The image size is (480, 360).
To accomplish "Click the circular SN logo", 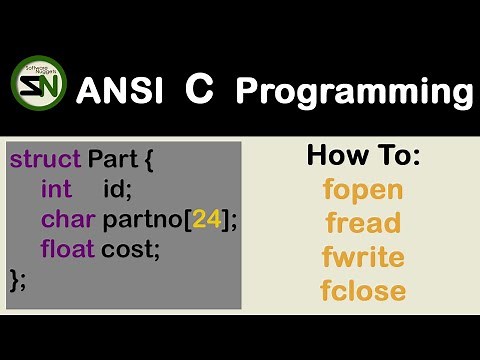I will [x=38, y=88].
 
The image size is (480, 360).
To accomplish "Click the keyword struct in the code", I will [x=45, y=160].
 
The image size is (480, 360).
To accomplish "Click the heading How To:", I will [x=363, y=155].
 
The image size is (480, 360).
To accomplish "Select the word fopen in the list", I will [x=363, y=189].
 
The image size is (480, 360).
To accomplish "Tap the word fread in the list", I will [x=362, y=223].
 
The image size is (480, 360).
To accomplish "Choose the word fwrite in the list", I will [x=363, y=257].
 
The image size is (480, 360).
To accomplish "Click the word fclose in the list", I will [x=363, y=291].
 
